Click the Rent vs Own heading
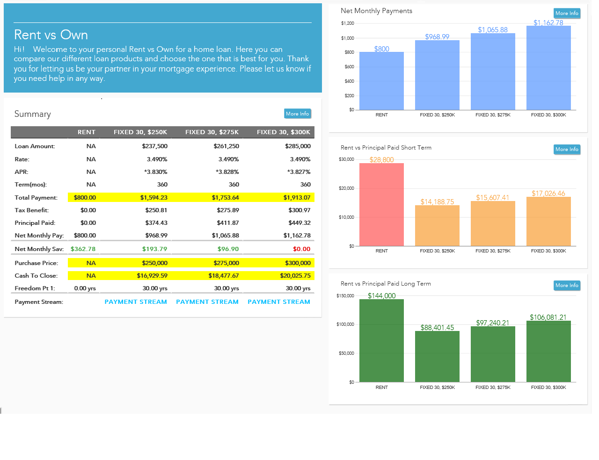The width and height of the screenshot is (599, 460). coord(51,35)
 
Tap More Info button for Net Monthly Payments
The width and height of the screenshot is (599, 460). coord(567,14)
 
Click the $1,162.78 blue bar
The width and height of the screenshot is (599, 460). coord(548,68)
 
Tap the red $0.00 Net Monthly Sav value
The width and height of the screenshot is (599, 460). coord(301,249)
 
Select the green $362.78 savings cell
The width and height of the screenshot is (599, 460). coord(83,249)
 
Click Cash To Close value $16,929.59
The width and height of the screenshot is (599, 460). coord(152,276)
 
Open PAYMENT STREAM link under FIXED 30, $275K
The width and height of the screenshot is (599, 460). coord(207,302)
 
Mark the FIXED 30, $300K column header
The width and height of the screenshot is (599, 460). coord(283,132)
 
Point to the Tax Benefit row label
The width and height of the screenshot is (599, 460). coord(32,210)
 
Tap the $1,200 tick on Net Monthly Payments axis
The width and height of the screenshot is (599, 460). coord(347,23)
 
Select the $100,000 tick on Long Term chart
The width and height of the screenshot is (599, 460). coord(345,324)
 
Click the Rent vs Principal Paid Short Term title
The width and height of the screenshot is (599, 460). coord(386,148)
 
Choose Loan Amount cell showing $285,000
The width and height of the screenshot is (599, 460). coord(298,146)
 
